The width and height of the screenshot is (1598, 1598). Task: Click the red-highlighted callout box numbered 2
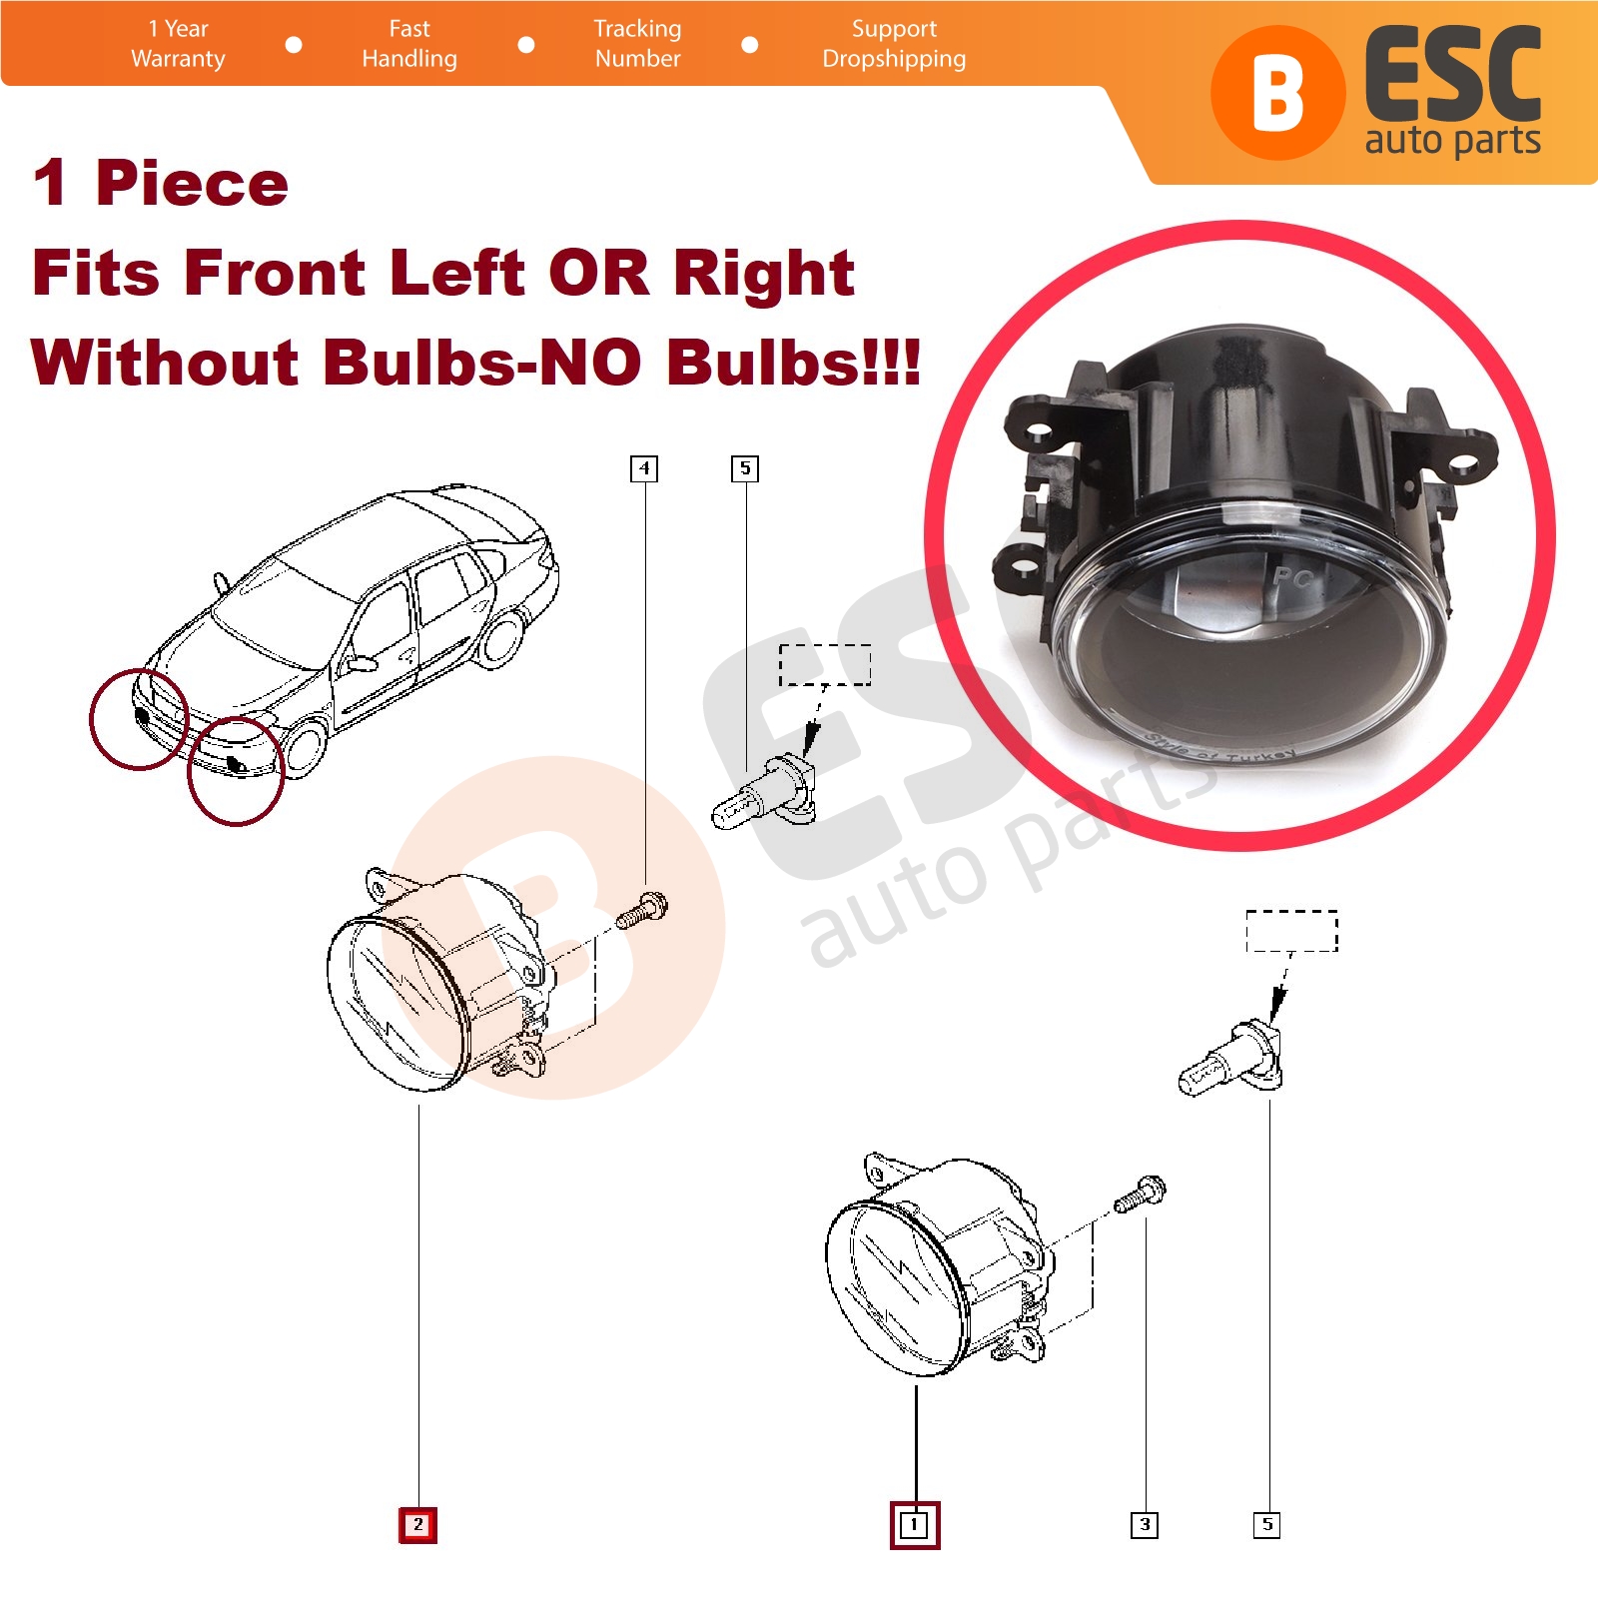coord(417,1525)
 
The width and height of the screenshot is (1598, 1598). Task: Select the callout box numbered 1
coord(914,1525)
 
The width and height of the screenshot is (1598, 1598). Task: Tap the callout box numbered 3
coord(1145,1525)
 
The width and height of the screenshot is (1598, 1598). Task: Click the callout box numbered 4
coord(644,468)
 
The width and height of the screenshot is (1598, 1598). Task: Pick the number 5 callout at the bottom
coord(1266,1525)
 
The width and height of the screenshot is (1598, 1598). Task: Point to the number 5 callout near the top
coord(745,468)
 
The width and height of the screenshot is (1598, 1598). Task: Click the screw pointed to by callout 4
coord(641,910)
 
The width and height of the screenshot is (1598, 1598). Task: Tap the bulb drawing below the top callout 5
coord(764,793)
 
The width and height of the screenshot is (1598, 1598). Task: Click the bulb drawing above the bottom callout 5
coord(1230,1059)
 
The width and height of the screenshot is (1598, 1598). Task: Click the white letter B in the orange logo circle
coord(1278,93)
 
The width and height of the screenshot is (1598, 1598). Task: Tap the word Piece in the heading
coord(192,185)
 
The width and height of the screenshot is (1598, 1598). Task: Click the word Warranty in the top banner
coord(178,59)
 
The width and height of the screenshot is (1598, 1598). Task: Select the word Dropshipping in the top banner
coord(894,59)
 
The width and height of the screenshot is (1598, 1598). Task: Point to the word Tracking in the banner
coord(637,29)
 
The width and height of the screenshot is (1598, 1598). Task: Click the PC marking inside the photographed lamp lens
coord(1295,576)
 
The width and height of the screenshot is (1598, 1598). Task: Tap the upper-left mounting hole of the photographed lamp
coord(1040,433)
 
